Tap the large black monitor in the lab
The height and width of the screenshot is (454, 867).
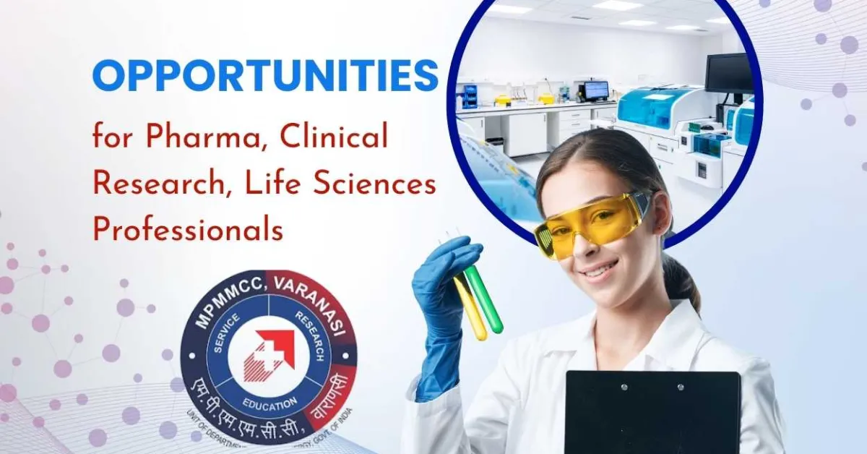tap(729, 72)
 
